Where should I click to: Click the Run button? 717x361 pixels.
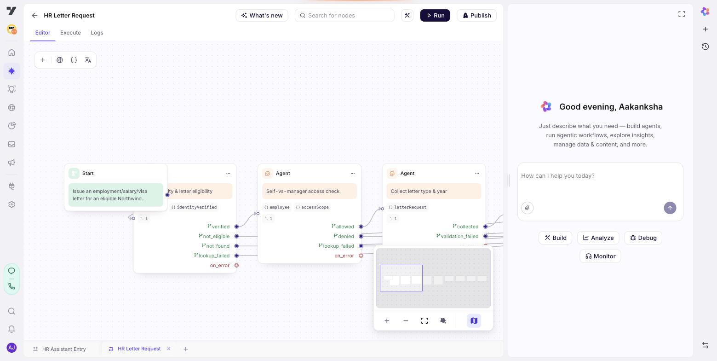pyautogui.click(x=435, y=15)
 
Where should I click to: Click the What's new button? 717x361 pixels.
pyautogui.click(x=262, y=15)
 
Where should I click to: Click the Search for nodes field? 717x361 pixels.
pyautogui.click(x=344, y=15)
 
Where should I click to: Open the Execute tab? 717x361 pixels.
pyautogui.click(x=70, y=33)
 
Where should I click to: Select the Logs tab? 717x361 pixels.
pyautogui.click(x=97, y=33)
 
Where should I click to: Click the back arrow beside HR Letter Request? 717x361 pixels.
pyautogui.click(x=34, y=15)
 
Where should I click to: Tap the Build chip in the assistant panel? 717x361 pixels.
pyautogui.click(x=556, y=238)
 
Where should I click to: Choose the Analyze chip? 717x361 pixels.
pyautogui.click(x=598, y=238)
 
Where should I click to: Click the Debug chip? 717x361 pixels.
pyautogui.click(x=643, y=238)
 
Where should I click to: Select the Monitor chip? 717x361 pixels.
pyautogui.click(x=601, y=256)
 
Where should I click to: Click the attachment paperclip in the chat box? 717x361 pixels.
pyautogui.click(x=527, y=208)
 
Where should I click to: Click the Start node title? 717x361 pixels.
pyautogui.click(x=88, y=173)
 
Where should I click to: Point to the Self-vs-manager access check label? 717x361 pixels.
pyautogui.click(x=303, y=191)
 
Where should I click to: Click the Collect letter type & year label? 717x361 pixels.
pyautogui.click(x=419, y=191)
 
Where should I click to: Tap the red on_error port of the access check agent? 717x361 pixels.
pyautogui.click(x=361, y=256)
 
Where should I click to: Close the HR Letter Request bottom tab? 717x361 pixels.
pyautogui.click(x=169, y=349)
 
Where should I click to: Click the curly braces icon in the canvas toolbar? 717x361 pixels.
pyautogui.click(x=74, y=60)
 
